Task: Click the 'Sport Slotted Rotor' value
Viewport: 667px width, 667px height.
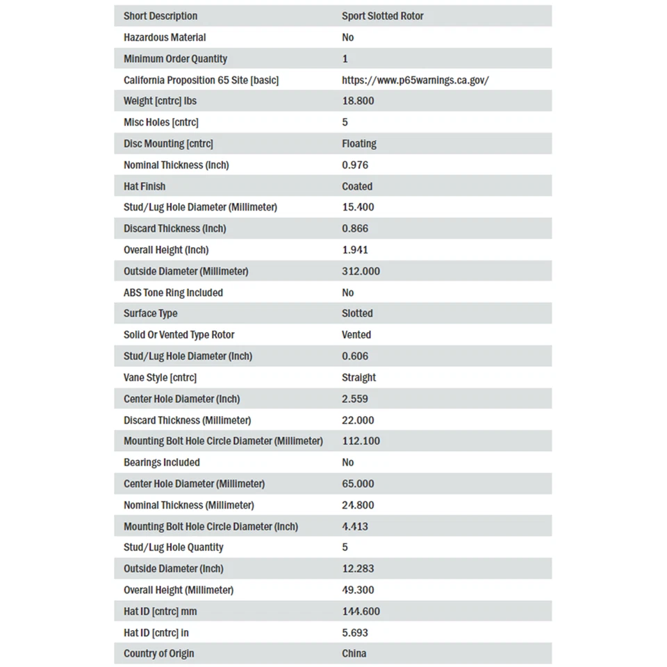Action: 382,16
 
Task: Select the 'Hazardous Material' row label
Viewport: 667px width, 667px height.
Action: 165,38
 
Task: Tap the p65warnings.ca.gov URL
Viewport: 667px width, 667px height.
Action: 415,80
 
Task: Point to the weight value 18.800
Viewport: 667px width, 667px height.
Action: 358,101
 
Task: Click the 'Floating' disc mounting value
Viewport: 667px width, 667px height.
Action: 359,144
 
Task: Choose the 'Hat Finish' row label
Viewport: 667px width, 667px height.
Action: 145,186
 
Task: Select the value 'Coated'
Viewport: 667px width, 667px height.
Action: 357,186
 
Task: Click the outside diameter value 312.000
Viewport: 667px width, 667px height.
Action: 361,271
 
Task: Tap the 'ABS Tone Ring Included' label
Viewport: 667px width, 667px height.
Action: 173,293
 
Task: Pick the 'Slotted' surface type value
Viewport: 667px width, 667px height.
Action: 357,313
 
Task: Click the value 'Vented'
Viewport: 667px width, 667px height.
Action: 356,335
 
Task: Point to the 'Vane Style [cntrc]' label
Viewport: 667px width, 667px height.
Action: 160,377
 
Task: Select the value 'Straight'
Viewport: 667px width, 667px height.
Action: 359,377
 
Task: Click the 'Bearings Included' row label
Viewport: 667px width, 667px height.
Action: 161,462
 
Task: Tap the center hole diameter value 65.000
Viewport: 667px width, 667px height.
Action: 358,484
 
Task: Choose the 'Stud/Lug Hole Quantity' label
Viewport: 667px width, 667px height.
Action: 174,547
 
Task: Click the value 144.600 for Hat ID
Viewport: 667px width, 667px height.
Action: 361,611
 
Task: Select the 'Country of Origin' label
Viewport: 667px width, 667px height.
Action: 159,653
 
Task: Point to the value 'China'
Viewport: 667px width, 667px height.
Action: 354,653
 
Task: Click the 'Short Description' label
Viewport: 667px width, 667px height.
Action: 160,16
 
